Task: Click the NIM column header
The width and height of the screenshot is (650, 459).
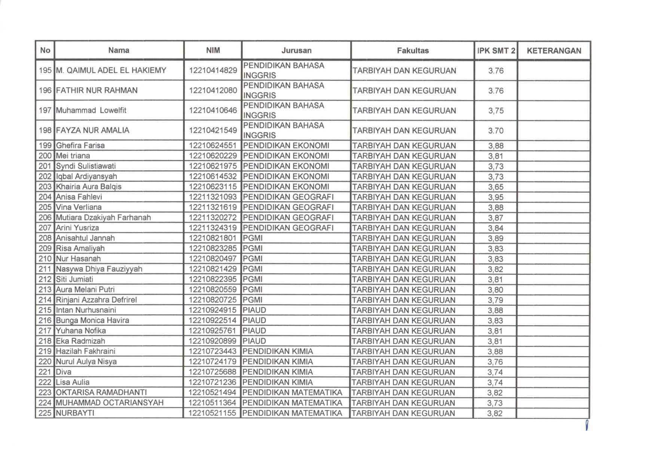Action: (x=213, y=50)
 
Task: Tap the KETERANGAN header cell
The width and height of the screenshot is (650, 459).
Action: (x=554, y=51)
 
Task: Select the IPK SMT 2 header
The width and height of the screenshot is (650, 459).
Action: (x=496, y=51)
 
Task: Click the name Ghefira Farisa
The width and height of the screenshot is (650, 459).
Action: (x=80, y=146)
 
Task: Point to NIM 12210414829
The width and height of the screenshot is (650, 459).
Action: (x=213, y=70)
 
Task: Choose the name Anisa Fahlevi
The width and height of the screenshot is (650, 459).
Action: (x=79, y=197)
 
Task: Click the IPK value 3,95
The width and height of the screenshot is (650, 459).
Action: (x=496, y=197)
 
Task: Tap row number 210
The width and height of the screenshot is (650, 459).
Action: (x=45, y=258)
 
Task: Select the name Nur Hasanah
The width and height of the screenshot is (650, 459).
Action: (x=78, y=258)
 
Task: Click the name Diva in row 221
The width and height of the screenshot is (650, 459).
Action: (x=64, y=372)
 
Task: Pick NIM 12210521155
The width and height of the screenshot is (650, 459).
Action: (x=213, y=413)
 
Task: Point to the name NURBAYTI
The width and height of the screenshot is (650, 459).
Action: (x=75, y=413)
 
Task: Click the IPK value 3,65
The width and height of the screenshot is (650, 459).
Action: (x=496, y=187)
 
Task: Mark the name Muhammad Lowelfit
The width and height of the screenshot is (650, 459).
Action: (x=91, y=110)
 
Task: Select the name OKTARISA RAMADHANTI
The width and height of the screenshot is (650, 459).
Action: (x=101, y=392)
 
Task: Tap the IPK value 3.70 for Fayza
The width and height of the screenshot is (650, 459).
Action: (x=496, y=131)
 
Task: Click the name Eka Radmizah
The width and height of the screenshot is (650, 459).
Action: (x=80, y=341)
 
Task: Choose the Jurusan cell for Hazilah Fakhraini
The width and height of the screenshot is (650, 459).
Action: (x=278, y=351)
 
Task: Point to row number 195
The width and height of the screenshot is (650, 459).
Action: (x=45, y=70)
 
